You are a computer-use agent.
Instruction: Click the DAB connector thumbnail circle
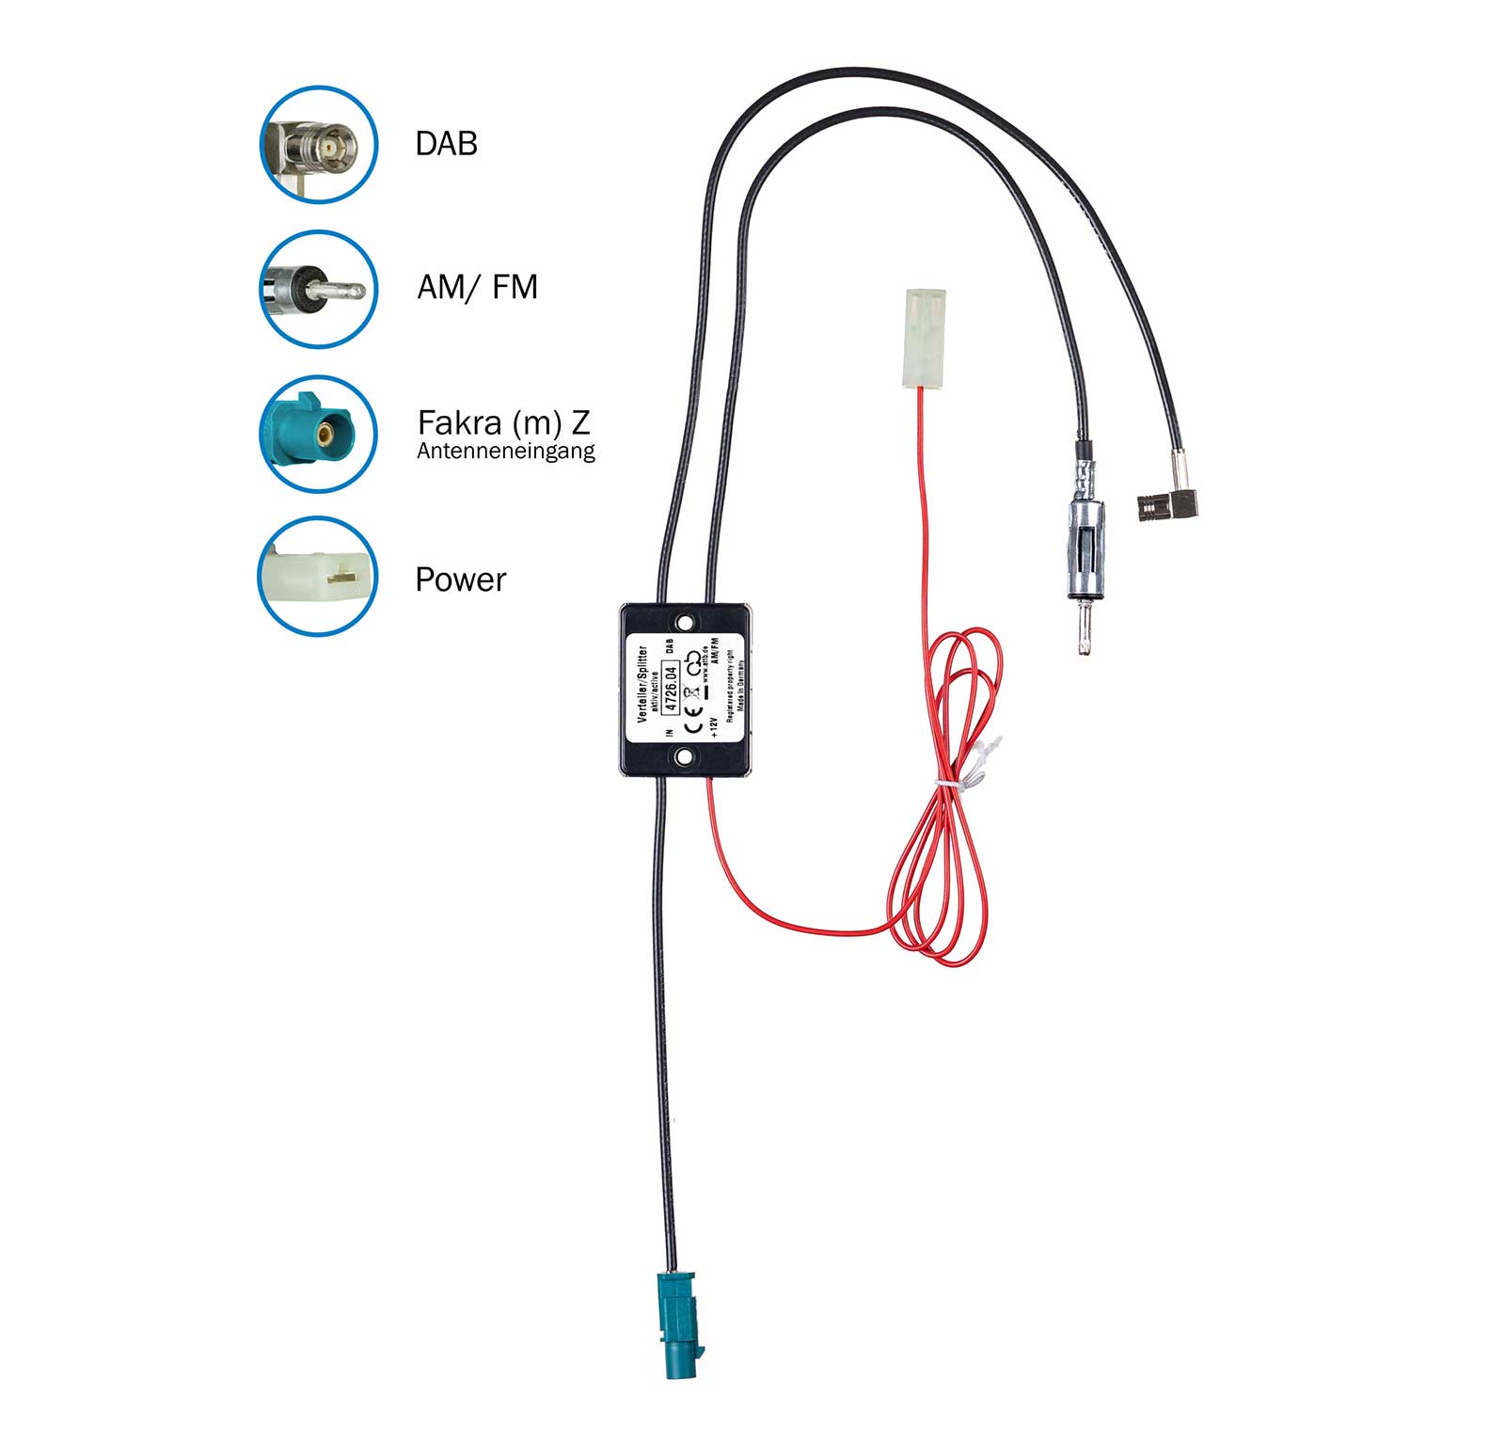318,144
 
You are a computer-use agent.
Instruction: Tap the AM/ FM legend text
477,287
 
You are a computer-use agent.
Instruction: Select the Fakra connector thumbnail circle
318,434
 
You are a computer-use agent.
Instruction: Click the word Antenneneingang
505,452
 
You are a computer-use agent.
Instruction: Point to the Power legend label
460,580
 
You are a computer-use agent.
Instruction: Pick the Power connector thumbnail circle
318,576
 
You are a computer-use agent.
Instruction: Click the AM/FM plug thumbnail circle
318,289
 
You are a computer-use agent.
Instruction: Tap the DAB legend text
446,144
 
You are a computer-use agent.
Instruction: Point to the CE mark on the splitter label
693,724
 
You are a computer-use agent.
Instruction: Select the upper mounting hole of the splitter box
686,623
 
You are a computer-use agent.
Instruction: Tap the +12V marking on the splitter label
714,728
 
